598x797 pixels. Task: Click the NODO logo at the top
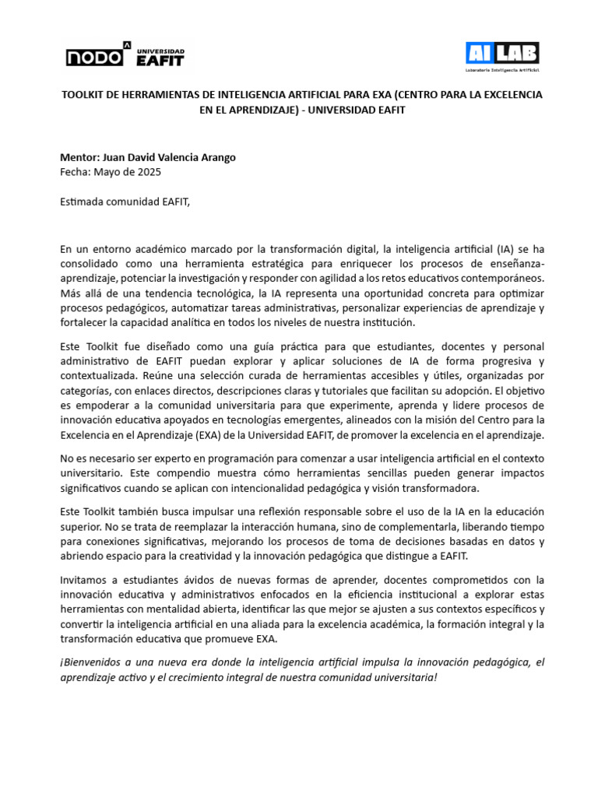point(94,56)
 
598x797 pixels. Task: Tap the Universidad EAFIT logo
point(160,55)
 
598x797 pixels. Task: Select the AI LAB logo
point(502,54)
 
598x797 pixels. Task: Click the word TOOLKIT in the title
point(83,95)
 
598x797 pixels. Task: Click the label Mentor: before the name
point(80,157)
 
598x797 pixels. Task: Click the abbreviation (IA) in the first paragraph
point(506,249)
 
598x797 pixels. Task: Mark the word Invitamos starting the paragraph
point(85,580)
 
